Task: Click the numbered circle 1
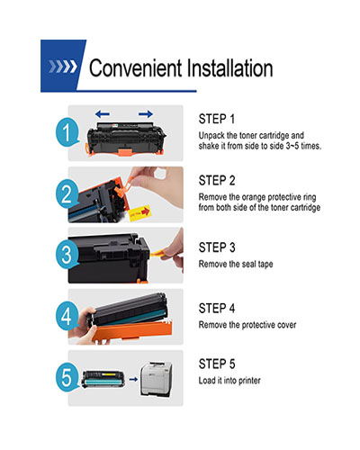67,132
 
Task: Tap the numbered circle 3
67,255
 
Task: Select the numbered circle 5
67,377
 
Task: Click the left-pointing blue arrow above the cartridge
103,114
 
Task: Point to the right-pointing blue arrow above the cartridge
146,114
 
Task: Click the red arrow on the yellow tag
146,211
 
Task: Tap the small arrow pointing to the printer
133,380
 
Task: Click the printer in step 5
157,379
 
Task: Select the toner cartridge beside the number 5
103,380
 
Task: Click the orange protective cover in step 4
132,331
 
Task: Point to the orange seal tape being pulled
158,254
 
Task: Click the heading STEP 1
217,119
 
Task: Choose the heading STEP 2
217,181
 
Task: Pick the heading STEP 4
217,309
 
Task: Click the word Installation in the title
229,68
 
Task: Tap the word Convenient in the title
136,68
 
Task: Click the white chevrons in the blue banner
63,67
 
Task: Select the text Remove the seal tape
236,264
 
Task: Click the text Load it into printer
229,381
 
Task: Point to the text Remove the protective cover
247,325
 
